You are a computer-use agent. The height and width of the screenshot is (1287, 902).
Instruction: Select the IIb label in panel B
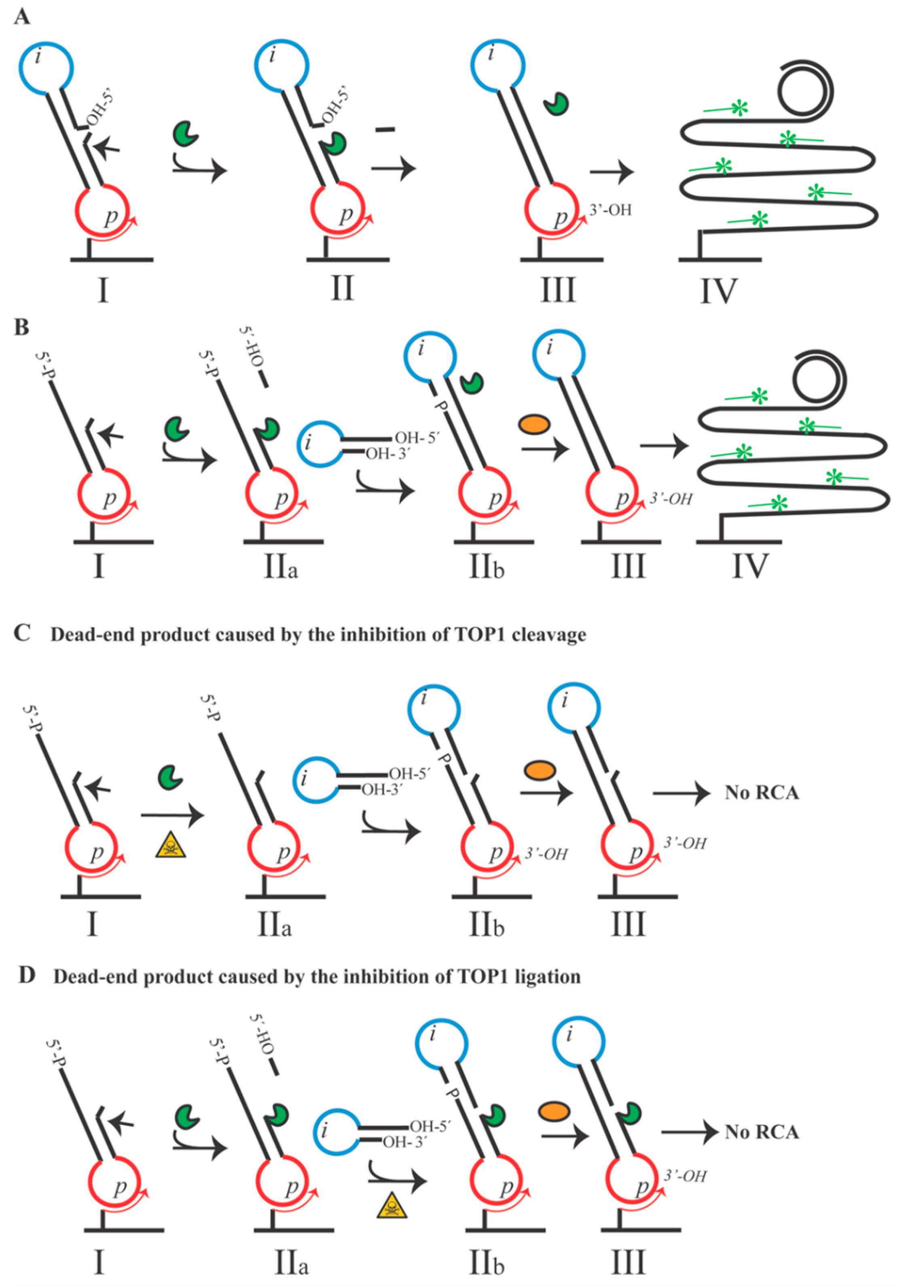[487, 567]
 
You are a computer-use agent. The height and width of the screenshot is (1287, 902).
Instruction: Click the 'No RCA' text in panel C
[761, 793]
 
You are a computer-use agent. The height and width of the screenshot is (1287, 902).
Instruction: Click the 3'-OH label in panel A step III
[610, 210]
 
